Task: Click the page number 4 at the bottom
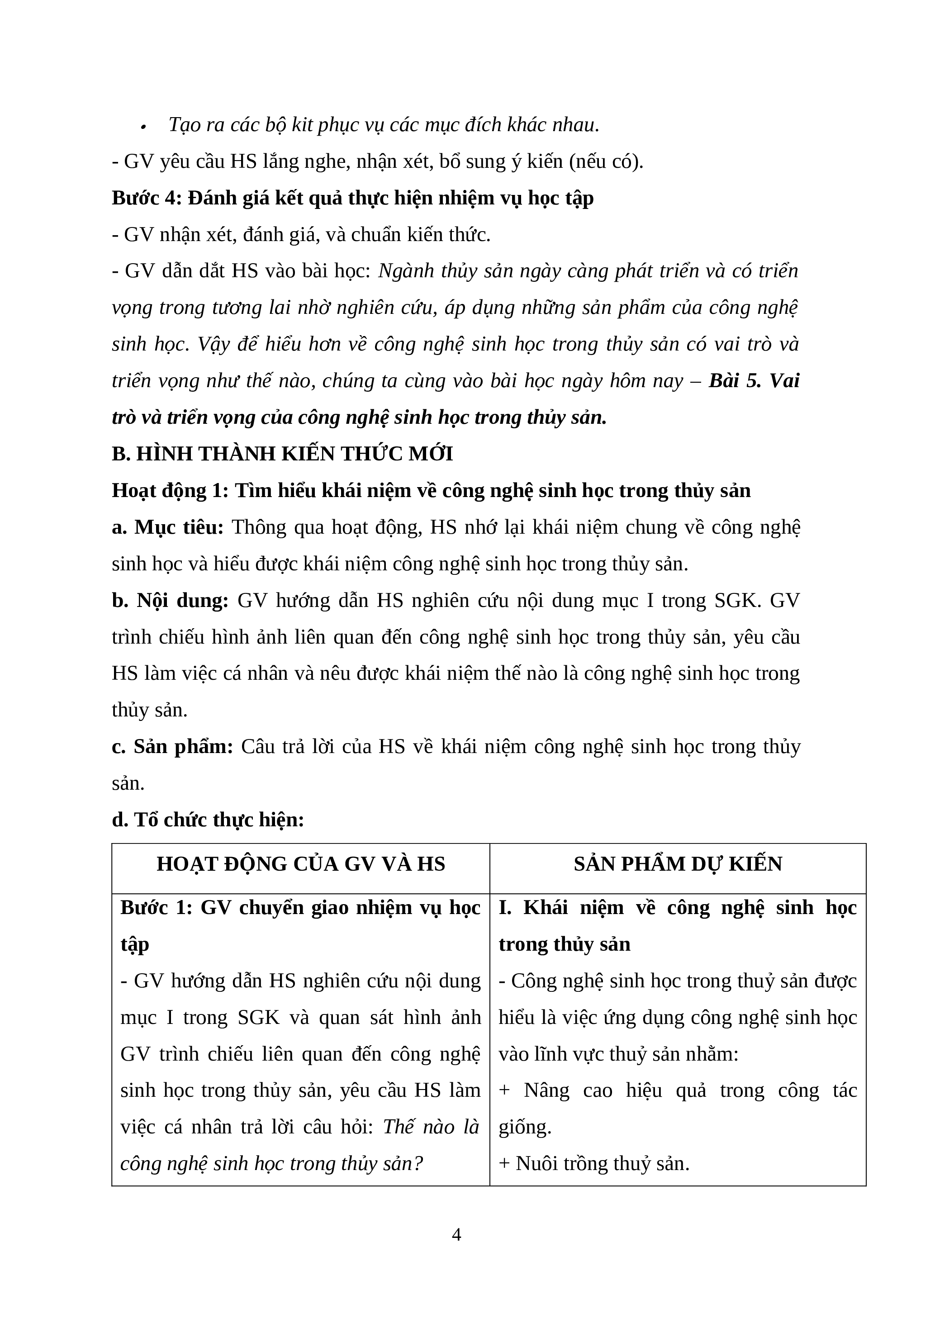click(456, 1234)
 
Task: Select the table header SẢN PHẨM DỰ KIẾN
click(678, 864)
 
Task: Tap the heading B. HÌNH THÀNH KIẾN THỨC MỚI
click(282, 454)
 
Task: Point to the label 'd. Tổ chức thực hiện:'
click(208, 820)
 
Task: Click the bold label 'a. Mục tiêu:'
click(167, 527)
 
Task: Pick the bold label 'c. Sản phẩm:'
click(172, 746)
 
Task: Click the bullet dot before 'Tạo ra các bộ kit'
click(143, 127)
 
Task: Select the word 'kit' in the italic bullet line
click(302, 124)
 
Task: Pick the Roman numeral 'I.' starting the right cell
click(505, 907)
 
